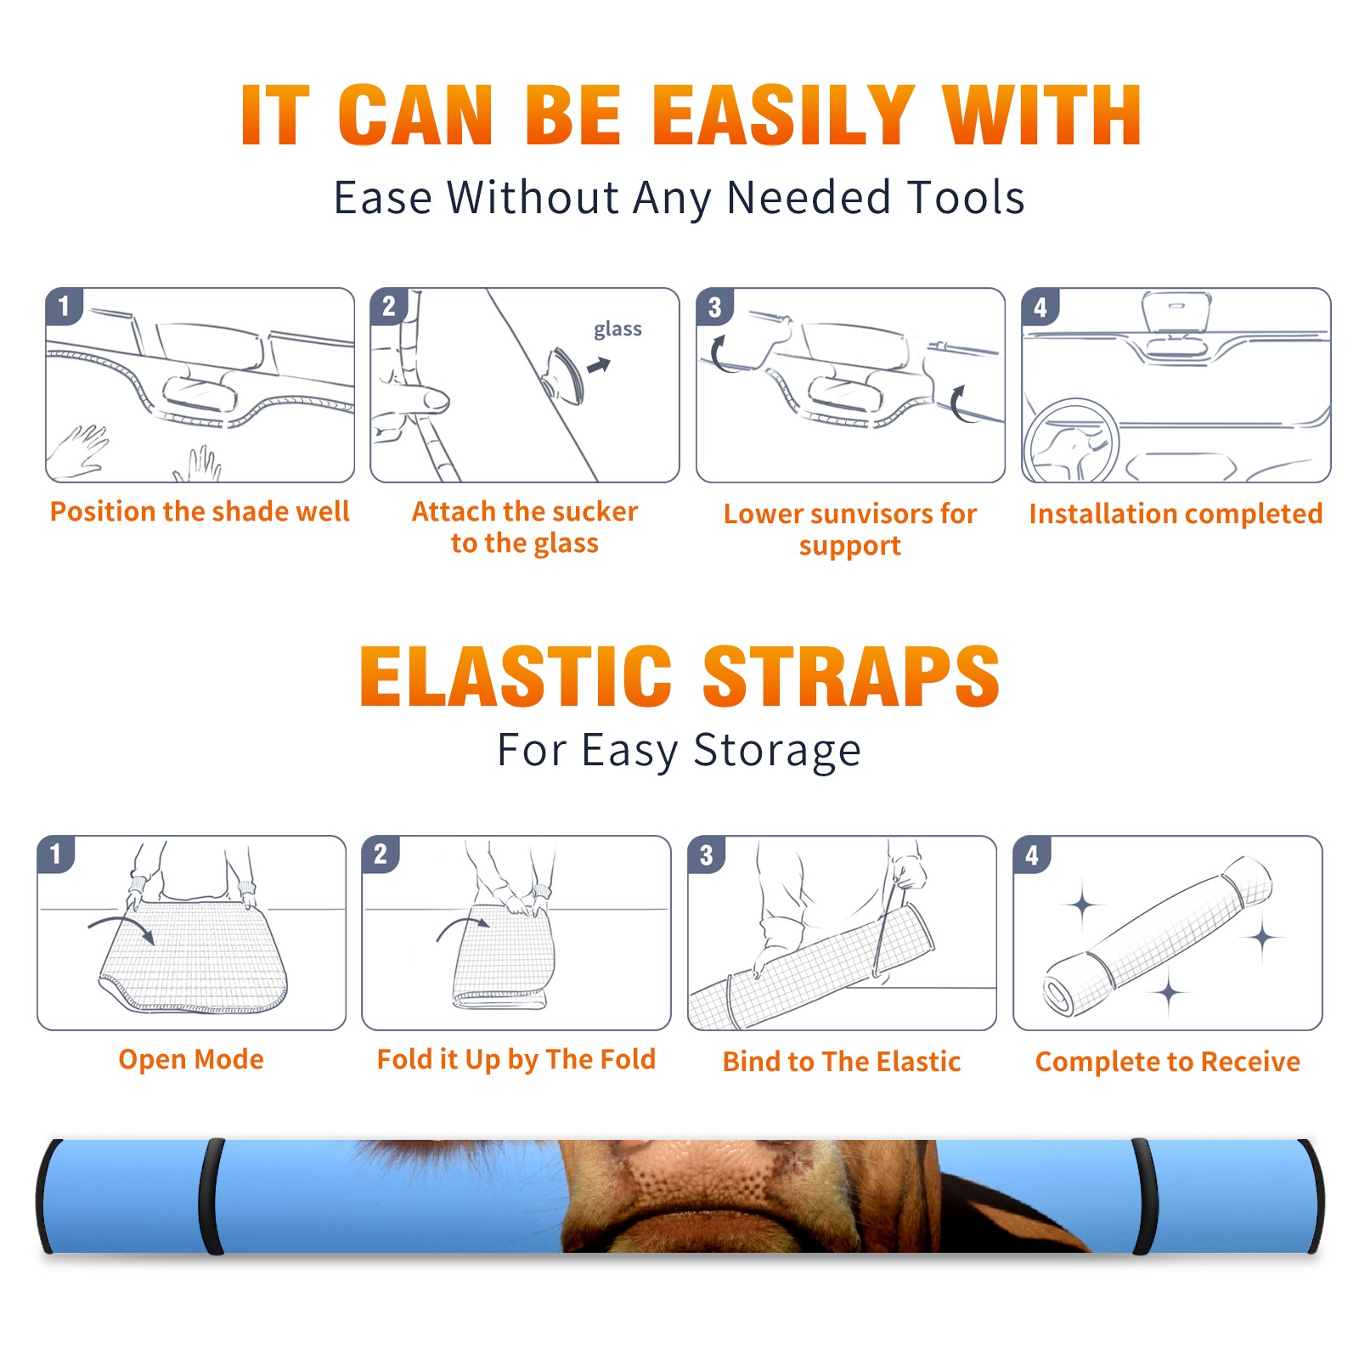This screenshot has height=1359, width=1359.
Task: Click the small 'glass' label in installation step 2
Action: click(x=617, y=330)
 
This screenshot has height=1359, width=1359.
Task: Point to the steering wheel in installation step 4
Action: click(x=1070, y=441)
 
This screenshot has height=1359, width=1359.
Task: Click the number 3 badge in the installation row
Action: click(x=714, y=307)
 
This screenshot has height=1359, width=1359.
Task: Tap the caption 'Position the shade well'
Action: click(x=200, y=511)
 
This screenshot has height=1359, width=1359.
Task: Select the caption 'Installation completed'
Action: click(x=1176, y=513)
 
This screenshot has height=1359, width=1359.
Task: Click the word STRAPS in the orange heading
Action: click(x=851, y=676)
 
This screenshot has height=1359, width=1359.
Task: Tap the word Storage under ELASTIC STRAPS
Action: click(x=777, y=751)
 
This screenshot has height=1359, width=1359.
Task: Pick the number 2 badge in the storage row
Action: click(x=381, y=854)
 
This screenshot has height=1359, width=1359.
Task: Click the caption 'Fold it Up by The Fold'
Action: click(x=516, y=1059)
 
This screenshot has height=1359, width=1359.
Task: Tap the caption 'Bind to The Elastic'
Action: click(x=842, y=1061)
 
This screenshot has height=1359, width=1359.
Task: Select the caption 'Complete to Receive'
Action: click(x=1168, y=1061)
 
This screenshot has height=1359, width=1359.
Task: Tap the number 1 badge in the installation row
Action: click(x=64, y=306)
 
